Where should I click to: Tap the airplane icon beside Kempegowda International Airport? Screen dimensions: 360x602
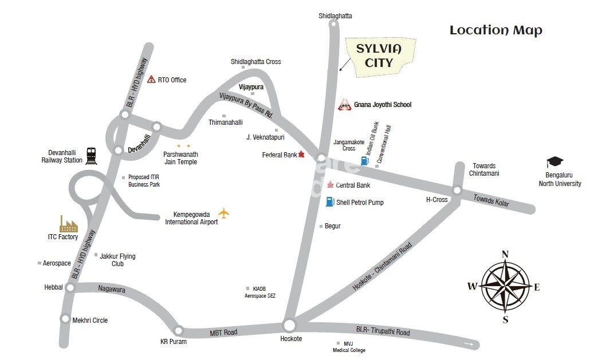pos(223,213)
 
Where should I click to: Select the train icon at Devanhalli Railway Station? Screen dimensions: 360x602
pos(91,155)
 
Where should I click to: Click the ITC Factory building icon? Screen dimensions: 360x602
pos(69,224)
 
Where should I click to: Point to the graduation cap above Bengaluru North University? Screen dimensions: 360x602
pos(554,162)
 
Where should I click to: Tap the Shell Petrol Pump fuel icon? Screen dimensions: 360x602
pos(329,201)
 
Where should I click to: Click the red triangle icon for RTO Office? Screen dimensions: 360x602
pos(151,80)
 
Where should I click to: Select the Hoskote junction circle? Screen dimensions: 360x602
pos(289,326)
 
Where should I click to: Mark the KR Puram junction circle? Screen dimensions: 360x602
pos(179,330)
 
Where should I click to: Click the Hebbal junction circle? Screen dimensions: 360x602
pos(70,287)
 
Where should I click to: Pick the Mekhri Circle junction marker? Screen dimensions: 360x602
pos(65,319)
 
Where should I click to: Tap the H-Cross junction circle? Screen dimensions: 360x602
pos(457,191)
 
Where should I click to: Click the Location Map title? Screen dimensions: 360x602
pos(495,30)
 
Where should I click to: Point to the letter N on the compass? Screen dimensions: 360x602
pos(505,255)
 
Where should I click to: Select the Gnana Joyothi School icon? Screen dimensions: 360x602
pos(344,104)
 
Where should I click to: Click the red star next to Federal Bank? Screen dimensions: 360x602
pos(302,155)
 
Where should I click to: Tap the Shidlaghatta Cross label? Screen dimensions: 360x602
pos(255,62)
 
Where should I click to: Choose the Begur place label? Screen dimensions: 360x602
pos(332,226)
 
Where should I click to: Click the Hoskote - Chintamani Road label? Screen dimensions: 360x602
pos(382,266)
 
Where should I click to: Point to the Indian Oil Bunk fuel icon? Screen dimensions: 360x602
pos(364,161)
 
